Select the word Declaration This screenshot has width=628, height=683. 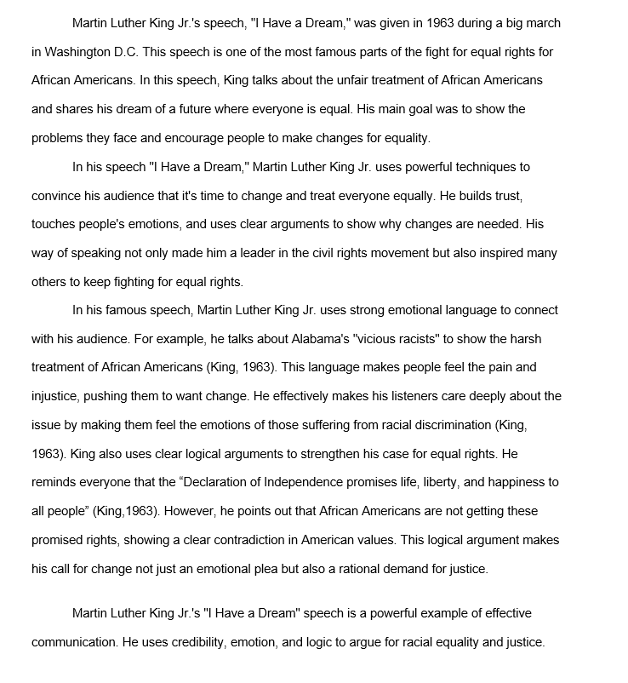pyautogui.click(x=211, y=482)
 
